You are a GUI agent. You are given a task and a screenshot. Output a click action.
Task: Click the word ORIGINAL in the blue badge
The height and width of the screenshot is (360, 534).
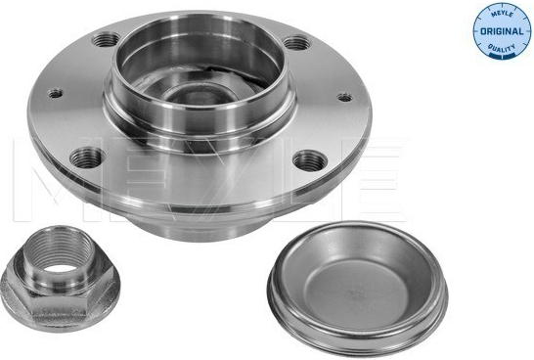tap(502, 31)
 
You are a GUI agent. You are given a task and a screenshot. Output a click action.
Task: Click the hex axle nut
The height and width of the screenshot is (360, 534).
tap(61, 279)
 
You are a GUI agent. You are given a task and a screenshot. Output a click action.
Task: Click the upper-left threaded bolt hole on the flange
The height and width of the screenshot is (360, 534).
tap(106, 39)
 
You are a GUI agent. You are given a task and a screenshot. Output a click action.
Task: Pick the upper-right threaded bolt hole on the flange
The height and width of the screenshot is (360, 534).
tap(296, 43)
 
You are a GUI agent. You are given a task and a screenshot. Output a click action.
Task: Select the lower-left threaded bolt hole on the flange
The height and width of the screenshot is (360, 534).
tap(87, 157)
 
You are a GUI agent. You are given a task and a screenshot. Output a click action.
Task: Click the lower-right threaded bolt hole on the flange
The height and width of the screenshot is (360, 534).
tap(310, 160)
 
